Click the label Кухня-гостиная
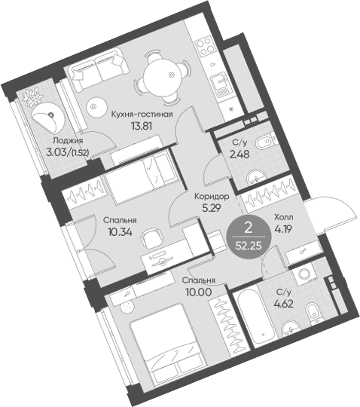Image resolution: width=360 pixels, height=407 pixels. coord(142,115)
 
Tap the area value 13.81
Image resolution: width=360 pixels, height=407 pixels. coord(142,126)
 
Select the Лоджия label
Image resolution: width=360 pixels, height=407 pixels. coord(68,141)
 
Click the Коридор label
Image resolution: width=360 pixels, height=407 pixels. coord(212,197)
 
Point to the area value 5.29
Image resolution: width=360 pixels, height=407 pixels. coord(212,208)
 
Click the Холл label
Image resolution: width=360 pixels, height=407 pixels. coord(284,217)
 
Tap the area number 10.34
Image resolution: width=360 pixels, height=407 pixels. coord(120,232)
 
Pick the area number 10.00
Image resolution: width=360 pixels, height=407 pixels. coord(199,292)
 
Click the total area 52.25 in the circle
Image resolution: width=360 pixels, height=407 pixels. coord(249,245)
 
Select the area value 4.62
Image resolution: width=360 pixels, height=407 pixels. coord(283,304)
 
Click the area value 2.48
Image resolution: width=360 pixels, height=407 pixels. coord(239,155)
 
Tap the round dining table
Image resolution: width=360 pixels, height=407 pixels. coord(161,78)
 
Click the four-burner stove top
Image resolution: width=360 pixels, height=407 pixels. coord(205,46)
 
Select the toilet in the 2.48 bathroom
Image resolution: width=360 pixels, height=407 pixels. coord(264,142)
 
